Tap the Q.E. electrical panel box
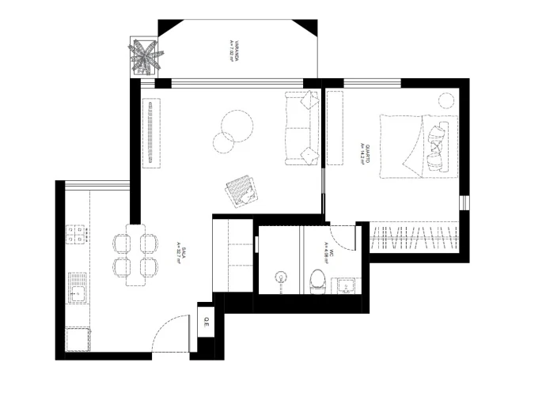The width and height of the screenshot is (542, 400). coord(206,323)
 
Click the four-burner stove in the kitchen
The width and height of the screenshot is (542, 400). coord(78,235)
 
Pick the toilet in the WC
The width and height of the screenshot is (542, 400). coord(317,280)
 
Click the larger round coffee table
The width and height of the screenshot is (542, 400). coord(237,124)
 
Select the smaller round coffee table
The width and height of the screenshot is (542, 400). coord(224,142)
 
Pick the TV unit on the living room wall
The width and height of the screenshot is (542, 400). coord(150,132)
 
